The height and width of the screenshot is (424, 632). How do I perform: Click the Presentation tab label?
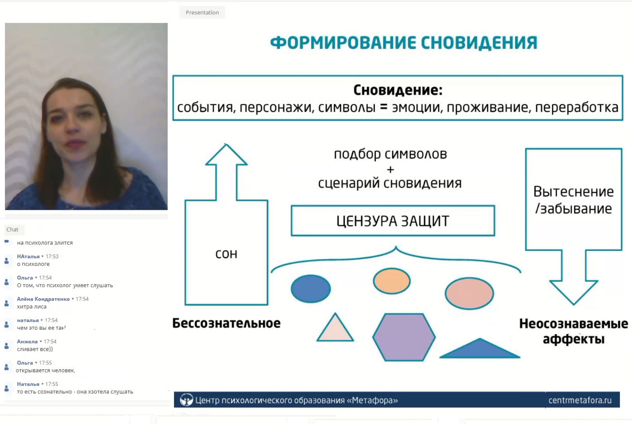pos(202,13)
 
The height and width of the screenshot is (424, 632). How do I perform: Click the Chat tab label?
pos(13,230)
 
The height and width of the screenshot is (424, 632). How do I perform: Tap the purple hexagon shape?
pos(404,337)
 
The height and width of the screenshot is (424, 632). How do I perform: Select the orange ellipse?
pos(392,281)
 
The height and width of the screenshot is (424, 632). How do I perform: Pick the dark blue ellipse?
pos(311,289)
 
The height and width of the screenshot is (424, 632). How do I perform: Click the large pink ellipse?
pos(469,293)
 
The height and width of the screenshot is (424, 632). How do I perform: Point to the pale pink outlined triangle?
pos(335,327)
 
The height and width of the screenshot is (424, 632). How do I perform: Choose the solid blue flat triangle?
pos(480,348)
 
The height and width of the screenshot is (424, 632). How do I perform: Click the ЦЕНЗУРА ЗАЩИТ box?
pos(393,221)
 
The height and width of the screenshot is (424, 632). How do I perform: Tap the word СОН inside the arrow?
pos(226,254)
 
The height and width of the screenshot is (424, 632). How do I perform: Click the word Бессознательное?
pos(226,323)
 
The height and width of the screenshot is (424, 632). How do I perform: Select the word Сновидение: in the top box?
pos(398,90)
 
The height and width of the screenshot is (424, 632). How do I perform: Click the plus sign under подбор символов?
pos(391,170)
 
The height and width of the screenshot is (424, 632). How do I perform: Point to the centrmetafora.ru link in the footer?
pos(580,400)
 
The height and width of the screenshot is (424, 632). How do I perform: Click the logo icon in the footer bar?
pos(186,400)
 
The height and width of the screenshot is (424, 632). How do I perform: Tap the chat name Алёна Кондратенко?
pos(43,299)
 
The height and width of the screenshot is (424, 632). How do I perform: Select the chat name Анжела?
pos(27,342)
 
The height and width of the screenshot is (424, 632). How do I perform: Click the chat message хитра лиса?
pos(31,307)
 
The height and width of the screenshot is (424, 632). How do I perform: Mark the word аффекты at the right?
pos(574,339)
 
